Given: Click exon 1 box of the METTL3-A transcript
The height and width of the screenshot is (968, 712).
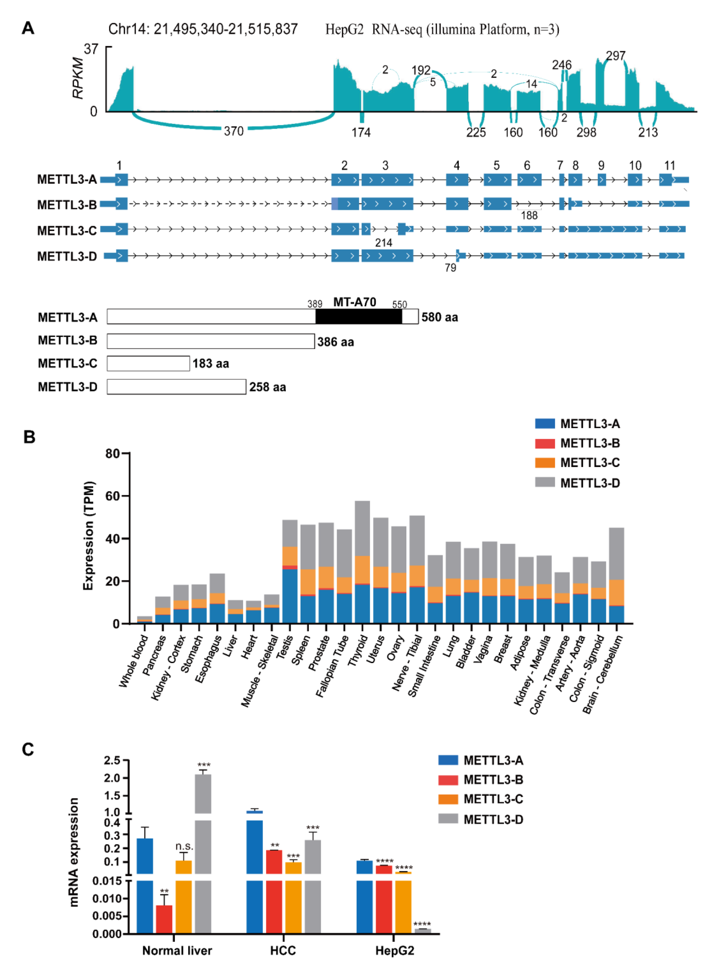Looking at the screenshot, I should [x=121, y=179].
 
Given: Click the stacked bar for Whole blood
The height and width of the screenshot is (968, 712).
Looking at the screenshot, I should [x=144, y=620].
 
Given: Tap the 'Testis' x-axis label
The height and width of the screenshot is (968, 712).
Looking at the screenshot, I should [x=284, y=646].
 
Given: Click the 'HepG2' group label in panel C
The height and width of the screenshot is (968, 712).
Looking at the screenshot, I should [x=394, y=950].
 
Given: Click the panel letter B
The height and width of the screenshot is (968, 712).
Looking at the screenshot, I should [x=29, y=437].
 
